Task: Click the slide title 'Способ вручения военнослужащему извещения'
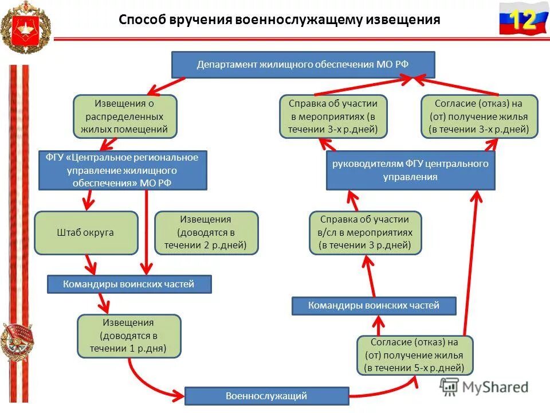280,20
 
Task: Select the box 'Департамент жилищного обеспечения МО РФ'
303,64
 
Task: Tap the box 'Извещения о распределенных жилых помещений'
124,116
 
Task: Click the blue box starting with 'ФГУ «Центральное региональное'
122,170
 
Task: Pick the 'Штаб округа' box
86,232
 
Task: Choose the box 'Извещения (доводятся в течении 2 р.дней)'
206,232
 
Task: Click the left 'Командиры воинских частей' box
129,284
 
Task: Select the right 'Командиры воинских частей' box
374,306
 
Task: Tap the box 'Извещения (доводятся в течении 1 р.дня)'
129,336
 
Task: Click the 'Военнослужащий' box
266,396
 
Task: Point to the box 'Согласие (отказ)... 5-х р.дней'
415,355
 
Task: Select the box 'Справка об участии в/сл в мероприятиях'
365,232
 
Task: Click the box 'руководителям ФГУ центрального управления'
410,170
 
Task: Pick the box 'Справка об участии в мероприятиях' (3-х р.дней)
333,116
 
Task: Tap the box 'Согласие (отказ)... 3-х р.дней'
480,116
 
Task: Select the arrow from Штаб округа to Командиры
89,265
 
